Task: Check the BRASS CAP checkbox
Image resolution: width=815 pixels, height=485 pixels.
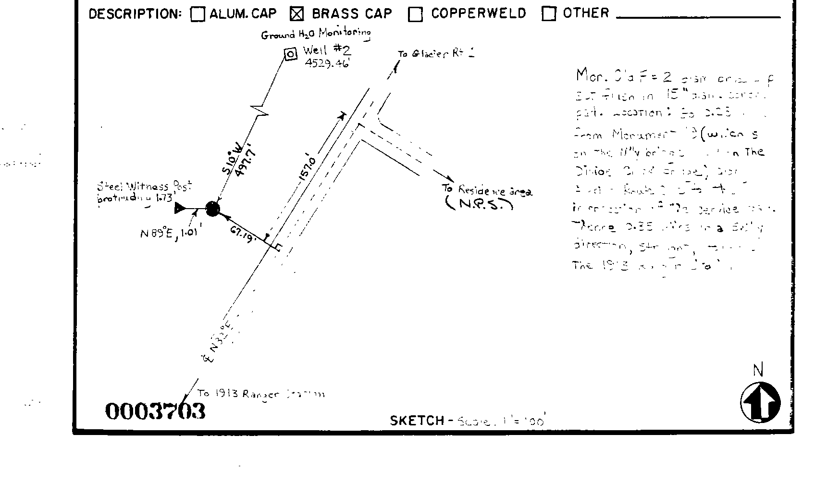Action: point(297,14)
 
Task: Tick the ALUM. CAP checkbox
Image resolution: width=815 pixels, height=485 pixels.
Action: point(197,14)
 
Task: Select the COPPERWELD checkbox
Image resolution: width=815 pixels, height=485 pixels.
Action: point(415,14)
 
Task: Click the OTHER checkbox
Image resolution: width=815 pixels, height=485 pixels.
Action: point(548,13)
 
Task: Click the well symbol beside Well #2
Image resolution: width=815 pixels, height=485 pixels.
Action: point(290,54)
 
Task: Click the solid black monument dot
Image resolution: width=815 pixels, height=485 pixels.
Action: point(212,209)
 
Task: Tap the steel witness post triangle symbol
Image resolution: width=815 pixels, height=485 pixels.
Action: point(180,208)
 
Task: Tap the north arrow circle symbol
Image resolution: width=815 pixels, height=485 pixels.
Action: point(760,402)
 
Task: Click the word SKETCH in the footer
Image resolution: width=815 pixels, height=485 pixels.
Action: point(417,421)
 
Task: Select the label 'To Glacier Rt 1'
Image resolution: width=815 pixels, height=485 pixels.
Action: point(436,53)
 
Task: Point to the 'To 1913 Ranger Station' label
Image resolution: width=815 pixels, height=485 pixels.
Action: point(261,394)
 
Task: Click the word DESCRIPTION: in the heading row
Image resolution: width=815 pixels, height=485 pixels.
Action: point(135,14)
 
